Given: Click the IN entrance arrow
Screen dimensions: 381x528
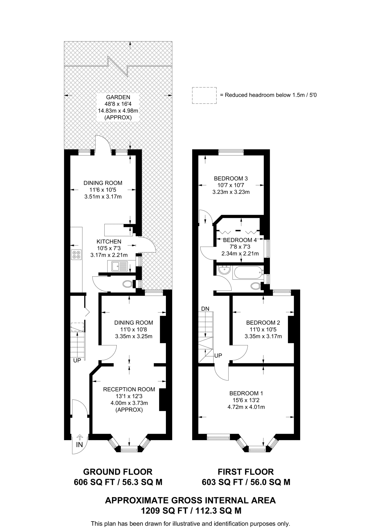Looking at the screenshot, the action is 80,437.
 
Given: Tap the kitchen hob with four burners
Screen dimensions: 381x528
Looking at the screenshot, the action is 77,254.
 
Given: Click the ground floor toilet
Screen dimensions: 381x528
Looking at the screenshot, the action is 128,284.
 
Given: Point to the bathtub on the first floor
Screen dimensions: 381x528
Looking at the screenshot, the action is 248,273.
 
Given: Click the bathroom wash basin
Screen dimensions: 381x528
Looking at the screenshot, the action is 224,270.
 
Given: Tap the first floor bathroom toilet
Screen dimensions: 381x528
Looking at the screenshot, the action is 256,286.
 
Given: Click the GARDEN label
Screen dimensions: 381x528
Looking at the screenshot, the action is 118,97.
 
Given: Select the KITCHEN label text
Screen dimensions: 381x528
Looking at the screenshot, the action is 109,242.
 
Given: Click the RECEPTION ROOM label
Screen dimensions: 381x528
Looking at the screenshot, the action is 129,389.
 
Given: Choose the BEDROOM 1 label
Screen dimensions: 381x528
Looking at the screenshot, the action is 246,393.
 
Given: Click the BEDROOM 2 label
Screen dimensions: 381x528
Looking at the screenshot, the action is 263,323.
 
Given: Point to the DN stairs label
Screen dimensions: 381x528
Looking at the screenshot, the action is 205,309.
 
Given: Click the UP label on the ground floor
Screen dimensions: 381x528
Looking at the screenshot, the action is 77,360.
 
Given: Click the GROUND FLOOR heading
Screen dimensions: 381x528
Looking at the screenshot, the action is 118,472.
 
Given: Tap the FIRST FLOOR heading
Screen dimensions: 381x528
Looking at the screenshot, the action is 246,472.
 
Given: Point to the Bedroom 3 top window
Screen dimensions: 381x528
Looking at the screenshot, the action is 231,152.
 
